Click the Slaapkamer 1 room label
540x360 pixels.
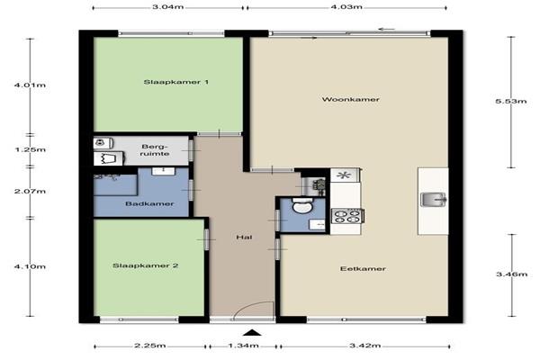coord(176,82)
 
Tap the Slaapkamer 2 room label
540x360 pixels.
coord(145,265)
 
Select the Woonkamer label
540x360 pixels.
coord(351,99)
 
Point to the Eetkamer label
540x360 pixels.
coord(363,269)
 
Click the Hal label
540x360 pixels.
coord(244,237)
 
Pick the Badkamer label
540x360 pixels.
coord(149,203)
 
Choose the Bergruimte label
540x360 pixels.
coord(155,150)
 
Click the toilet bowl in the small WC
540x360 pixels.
coord(302,206)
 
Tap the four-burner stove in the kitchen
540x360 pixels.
coord(347,217)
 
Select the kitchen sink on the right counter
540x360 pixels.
coord(434,200)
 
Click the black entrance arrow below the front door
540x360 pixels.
coord(253,332)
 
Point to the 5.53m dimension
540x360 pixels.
coord(511,101)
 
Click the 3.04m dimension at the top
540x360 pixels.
coord(168,7)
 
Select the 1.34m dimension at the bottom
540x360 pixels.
coord(244,346)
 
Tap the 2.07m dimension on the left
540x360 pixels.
coord(30,191)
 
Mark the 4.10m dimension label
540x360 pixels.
coord(30,266)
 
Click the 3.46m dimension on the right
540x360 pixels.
coord(512,274)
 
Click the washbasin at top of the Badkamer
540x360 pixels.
coord(164,171)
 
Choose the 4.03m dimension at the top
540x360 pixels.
coord(346,7)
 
